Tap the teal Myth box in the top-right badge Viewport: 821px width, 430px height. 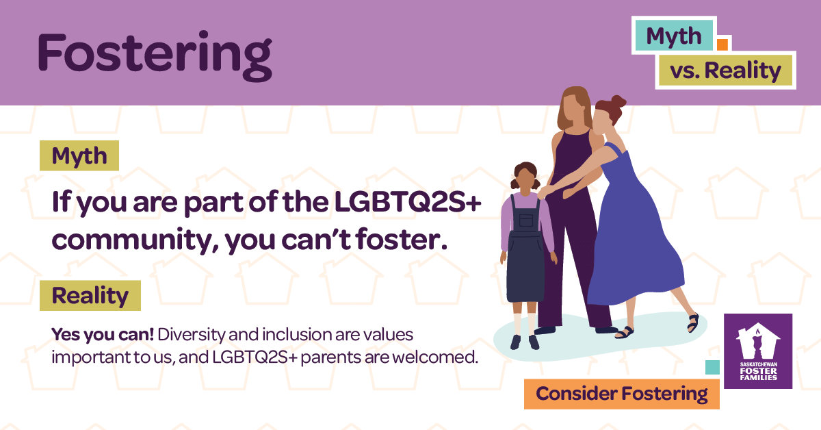674,36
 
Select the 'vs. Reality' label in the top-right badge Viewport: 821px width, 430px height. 725,70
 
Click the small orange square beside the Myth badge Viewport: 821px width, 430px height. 721,45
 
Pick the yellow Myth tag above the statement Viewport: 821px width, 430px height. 79,155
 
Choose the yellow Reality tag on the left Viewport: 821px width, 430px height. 90,296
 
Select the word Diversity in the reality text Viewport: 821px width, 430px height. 198,335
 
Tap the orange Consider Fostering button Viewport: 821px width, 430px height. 621,394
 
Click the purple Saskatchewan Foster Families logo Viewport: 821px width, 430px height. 758,351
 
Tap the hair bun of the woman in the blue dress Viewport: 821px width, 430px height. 617,103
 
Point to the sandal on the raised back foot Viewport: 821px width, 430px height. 693,321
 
